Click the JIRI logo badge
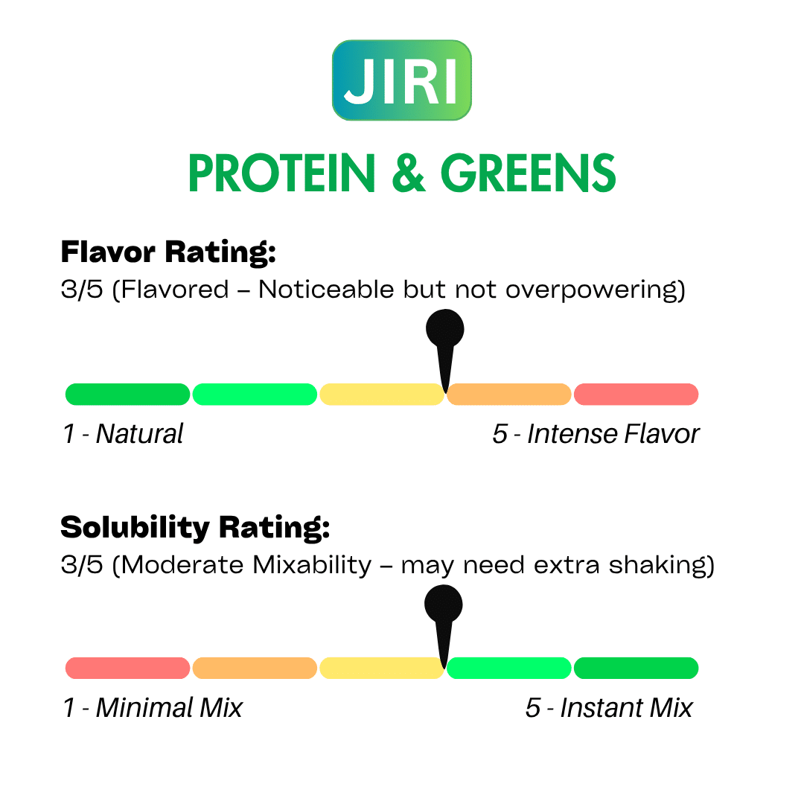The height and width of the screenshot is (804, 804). click(x=401, y=80)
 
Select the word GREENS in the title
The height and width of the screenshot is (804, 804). click(x=528, y=173)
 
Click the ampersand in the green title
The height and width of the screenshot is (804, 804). click(x=409, y=173)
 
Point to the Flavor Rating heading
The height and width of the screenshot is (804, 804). click(x=168, y=252)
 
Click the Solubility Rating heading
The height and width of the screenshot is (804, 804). click(x=195, y=528)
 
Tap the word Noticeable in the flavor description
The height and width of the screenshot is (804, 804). click(x=326, y=289)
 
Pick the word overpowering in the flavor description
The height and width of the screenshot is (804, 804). click(x=596, y=290)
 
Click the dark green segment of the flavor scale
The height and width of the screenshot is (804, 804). click(x=128, y=395)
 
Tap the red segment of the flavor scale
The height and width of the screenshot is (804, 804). click(x=636, y=395)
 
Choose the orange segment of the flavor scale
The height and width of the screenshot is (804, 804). click(x=508, y=395)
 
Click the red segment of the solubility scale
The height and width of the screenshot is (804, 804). click(x=128, y=668)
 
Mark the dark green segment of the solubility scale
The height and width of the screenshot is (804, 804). click(x=636, y=668)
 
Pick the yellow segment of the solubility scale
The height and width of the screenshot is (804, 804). click(x=381, y=668)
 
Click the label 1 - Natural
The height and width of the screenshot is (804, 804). click(x=123, y=434)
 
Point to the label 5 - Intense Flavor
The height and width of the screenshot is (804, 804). click(x=596, y=434)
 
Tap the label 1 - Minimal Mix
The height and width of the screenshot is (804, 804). click(x=153, y=708)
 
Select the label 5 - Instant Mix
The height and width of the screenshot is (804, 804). click(x=609, y=708)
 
